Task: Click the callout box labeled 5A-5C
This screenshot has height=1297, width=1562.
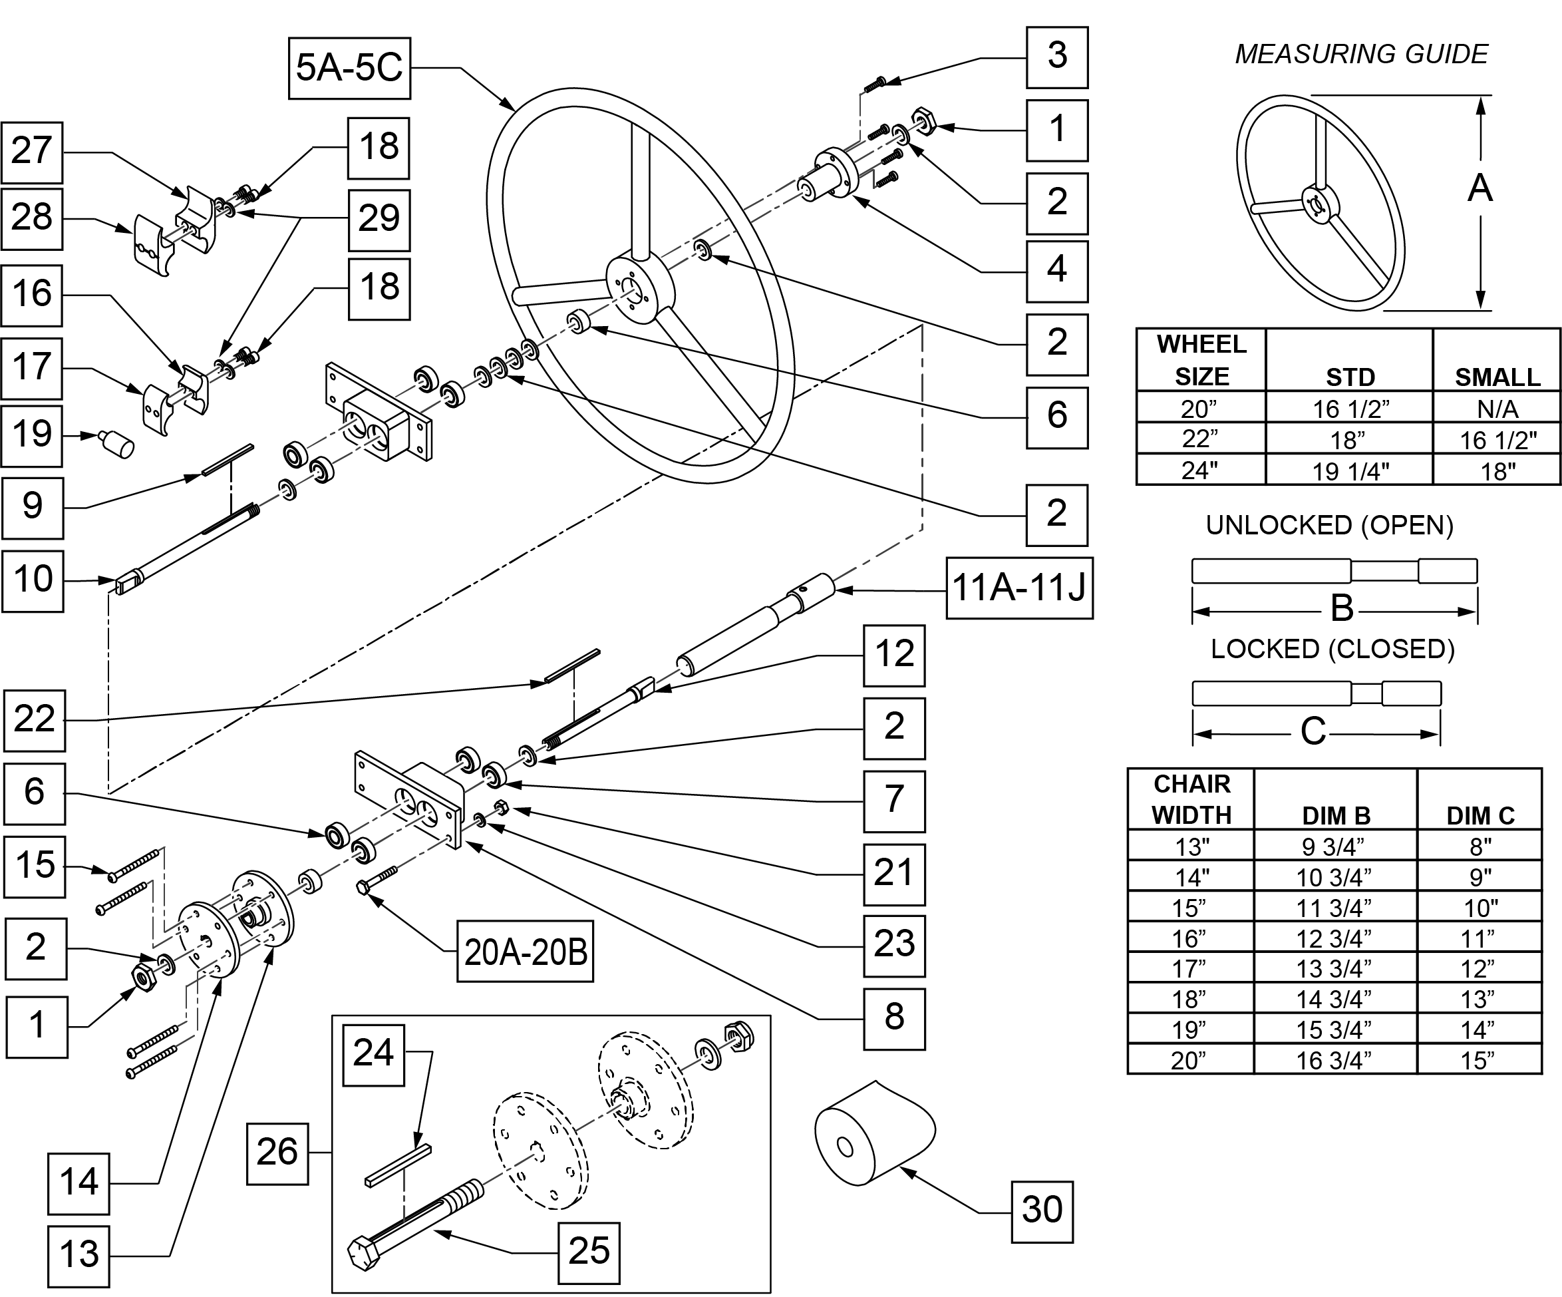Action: (x=350, y=68)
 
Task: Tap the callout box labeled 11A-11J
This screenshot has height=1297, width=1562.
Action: (x=1020, y=587)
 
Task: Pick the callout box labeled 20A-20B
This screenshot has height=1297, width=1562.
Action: (x=525, y=952)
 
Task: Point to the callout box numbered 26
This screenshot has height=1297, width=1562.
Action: (x=277, y=1153)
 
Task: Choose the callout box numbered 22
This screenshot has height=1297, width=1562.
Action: (x=34, y=720)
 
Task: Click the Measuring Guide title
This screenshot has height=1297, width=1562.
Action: (x=1361, y=54)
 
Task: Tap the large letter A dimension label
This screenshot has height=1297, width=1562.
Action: (x=1480, y=188)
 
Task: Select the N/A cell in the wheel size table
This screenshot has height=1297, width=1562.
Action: (x=1498, y=409)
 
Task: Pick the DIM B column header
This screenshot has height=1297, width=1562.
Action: (x=1336, y=816)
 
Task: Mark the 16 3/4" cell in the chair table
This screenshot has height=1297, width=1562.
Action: (x=1334, y=1059)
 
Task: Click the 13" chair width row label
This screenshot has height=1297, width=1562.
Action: (x=1191, y=846)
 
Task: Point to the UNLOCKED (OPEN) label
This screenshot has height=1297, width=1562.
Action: (x=1329, y=525)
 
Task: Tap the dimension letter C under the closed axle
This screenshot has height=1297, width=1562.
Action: (x=1314, y=731)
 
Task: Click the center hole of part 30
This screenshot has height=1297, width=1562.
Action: (x=844, y=1147)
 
